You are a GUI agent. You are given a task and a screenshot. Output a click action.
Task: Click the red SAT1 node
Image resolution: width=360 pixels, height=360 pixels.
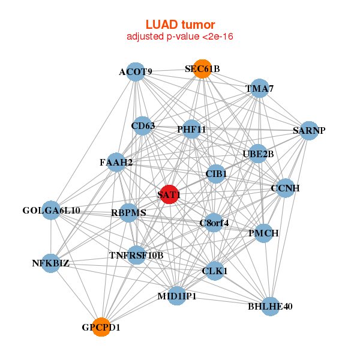pyautogui.click(x=169, y=194)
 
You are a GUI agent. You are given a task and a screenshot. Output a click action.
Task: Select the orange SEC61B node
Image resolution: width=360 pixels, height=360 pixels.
pyautogui.click(x=203, y=69)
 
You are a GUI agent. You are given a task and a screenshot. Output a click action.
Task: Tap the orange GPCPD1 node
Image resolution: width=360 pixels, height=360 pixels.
pyautogui.click(x=101, y=327)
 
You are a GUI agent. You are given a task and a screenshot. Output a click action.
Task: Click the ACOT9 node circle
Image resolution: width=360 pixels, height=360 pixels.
pyautogui.click(x=135, y=73)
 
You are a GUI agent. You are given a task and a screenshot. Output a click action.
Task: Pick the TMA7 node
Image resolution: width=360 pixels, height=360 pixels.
pyautogui.click(x=259, y=89)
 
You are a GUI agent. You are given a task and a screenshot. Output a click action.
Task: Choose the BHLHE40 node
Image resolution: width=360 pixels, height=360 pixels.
pyautogui.click(x=270, y=307)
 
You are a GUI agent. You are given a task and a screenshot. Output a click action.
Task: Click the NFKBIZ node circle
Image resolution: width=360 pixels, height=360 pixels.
pyautogui.click(x=50, y=263)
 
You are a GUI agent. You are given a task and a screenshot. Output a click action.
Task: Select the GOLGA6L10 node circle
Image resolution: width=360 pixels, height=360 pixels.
pyautogui.click(x=51, y=211)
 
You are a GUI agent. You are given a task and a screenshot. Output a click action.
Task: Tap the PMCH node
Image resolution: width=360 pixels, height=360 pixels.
pyautogui.click(x=263, y=233)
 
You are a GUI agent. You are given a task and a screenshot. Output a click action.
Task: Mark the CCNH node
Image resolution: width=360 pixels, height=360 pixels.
pyautogui.click(x=285, y=188)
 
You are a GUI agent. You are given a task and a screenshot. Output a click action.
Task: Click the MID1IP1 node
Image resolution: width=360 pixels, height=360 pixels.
pyautogui.click(x=176, y=296)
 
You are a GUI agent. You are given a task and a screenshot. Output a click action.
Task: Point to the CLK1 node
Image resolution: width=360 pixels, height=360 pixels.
pyautogui.click(x=214, y=271)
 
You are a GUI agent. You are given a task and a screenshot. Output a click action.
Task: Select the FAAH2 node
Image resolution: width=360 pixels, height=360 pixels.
pyautogui.click(x=116, y=162)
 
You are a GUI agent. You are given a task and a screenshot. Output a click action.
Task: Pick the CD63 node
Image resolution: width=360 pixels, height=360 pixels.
pyautogui.click(x=143, y=126)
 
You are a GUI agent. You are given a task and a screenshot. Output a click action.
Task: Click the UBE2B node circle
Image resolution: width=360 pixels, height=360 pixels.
pyautogui.click(x=258, y=154)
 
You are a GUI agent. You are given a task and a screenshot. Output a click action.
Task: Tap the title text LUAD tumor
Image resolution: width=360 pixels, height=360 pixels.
pyautogui.click(x=180, y=25)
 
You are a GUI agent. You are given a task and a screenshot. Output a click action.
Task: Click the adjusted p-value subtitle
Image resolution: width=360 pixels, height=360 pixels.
pyautogui.click(x=180, y=37)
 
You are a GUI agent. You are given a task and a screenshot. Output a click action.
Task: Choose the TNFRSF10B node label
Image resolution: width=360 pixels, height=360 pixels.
pyautogui.click(x=136, y=256)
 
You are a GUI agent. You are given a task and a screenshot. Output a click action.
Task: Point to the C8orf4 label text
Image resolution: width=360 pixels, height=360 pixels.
pyautogui.click(x=214, y=224)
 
